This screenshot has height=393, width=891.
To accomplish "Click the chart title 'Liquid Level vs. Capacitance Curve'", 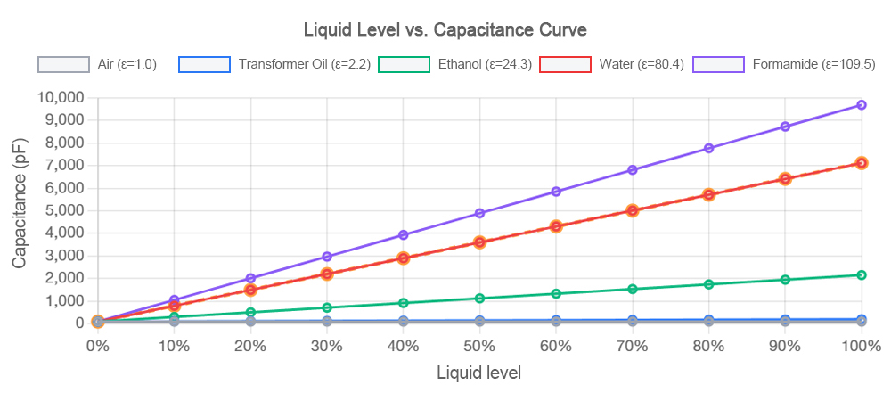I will pyautogui.click(x=445, y=29).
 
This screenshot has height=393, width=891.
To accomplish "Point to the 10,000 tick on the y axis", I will pyautogui.click(x=59, y=97).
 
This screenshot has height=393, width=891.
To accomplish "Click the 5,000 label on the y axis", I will pyautogui.click(x=62, y=210).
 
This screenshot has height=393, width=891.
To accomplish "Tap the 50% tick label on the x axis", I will pyautogui.click(x=479, y=345).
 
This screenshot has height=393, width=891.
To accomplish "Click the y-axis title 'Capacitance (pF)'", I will pyautogui.click(x=20, y=209).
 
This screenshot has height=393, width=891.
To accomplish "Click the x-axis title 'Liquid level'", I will pyautogui.click(x=478, y=373).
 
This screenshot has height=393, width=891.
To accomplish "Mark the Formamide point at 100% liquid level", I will pyautogui.click(x=862, y=105).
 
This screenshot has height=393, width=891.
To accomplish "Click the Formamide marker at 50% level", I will pyautogui.click(x=479, y=213).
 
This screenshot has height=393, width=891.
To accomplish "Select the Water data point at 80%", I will pyautogui.click(x=709, y=194).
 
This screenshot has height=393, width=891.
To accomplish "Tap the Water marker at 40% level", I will pyautogui.click(x=403, y=258).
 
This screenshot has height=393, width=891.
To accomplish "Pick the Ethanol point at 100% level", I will pyautogui.click(x=862, y=275).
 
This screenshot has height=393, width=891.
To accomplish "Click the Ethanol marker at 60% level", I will pyautogui.click(x=556, y=294).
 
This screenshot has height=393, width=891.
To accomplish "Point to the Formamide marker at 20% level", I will pyautogui.click(x=250, y=278).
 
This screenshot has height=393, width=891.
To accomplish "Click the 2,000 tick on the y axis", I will pyautogui.click(x=62, y=278).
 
